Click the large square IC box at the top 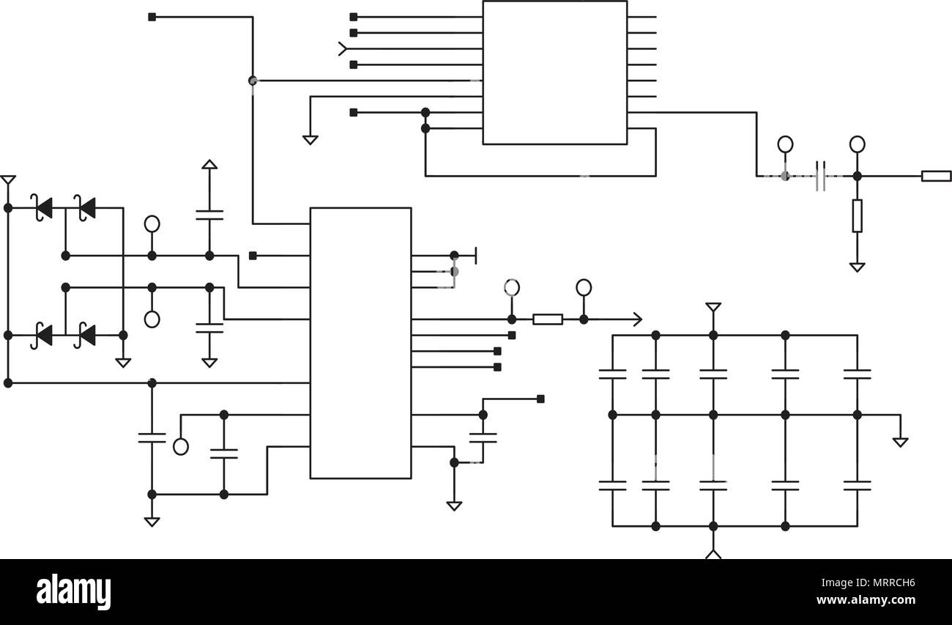click(x=554, y=73)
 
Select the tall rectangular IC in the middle click(x=360, y=343)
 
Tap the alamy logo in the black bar click(x=73, y=592)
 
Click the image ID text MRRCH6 click(x=889, y=584)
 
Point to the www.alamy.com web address click(x=866, y=600)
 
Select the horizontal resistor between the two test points click(x=547, y=319)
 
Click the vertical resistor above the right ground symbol click(x=857, y=215)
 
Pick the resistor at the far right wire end click(x=936, y=176)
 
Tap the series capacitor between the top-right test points click(x=821, y=176)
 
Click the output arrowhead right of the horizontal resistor click(x=637, y=319)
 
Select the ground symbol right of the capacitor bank click(x=900, y=441)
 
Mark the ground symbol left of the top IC click(x=310, y=139)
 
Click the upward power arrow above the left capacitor click(x=209, y=165)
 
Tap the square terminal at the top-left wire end click(x=152, y=17)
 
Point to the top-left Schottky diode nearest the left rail click(x=42, y=208)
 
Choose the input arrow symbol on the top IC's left click(x=342, y=49)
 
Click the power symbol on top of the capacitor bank click(x=713, y=307)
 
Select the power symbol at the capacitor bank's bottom click(x=713, y=553)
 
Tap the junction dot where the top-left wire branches click(x=253, y=81)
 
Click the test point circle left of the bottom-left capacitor click(x=181, y=446)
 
